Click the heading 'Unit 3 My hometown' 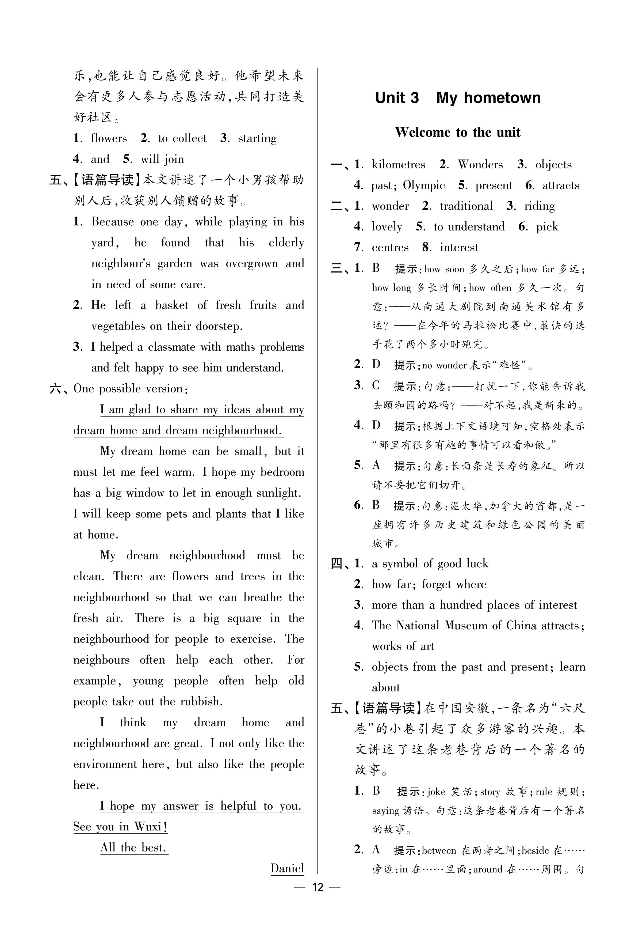(x=458, y=98)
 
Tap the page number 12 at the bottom (x=318, y=887)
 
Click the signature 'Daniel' (x=287, y=868)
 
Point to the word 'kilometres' (x=399, y=165)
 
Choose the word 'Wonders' (x=480, y=165)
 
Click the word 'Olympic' (x=424, y=186)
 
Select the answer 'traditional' (x=466, y=206)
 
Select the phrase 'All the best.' (x=134, y=847)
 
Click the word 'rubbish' (x=201, y=701)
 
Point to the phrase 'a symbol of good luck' (x=430, y=563)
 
